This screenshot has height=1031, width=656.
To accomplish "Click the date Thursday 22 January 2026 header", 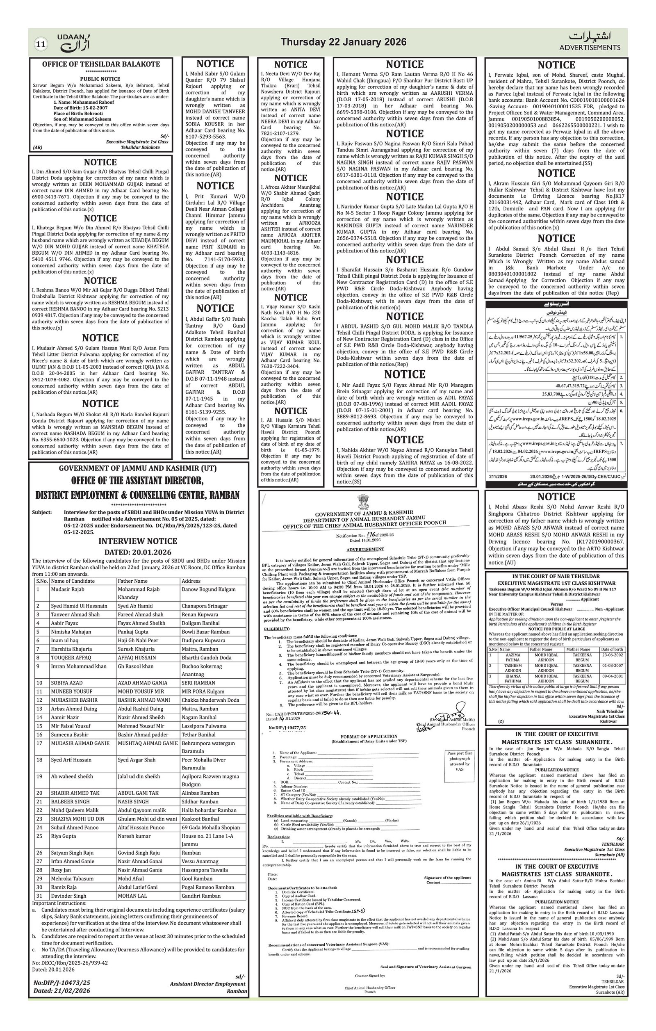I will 343,42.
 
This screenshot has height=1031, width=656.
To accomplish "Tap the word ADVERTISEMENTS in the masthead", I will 590,48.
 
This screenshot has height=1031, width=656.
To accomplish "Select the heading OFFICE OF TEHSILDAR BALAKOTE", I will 100,64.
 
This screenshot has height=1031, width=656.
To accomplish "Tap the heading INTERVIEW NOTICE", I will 137,541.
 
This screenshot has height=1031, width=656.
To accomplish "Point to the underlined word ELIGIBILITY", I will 276,629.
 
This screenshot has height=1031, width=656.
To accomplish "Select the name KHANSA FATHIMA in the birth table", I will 513,678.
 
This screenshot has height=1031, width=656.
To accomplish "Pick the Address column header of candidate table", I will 191,581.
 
